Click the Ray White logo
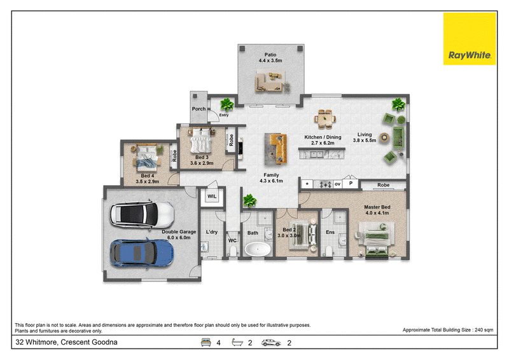pyautogui.click(x=470, y=39)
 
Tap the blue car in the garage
pyautogui.click(x=142, y=253)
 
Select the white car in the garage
pyautogui.click(x=142, y=214)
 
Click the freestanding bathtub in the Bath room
pyautogui.click(x=258, y=249)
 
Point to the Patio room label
pyautogui.click(x=270, y=55)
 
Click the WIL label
pyautogui.click(x=212, y=197)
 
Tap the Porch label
pyautogui.click(x=199, y=109)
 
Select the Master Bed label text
pyautogui.click(x=377, y=207)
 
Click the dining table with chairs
pyautogui.click(x=324, y=119)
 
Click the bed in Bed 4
pyautogui.click(x=148, y=158)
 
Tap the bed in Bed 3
pyautogui.click(x=201, y=141)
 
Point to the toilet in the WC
pyautogui.click(x=233, y=251)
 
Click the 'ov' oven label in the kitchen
pyautogui.click(x=338, y=184)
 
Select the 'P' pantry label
pyautogui.click(x=351, y=183)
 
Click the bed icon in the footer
pyautogui.click(x=206, y=342)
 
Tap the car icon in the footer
pyautogui.click(x=271, y=343)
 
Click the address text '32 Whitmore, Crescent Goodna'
pyautogui.click(x=67, y=342)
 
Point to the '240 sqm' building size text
pyautogui.click(x=484, y=330)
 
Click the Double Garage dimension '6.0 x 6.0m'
pyautogui.click(x=179, y=238)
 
